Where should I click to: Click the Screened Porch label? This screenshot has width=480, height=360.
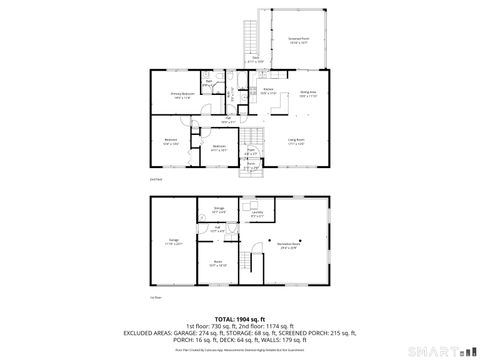[298, 39]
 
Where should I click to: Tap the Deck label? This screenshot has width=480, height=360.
[256, 58]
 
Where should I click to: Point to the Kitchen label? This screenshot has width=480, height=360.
[268, 91]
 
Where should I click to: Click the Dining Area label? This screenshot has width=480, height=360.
[307, 94]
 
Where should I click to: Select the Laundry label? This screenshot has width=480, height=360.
[257, 213]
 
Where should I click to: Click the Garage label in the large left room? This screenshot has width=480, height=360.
[173, 242]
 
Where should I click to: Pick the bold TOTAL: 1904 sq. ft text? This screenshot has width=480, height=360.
[239, 317]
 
